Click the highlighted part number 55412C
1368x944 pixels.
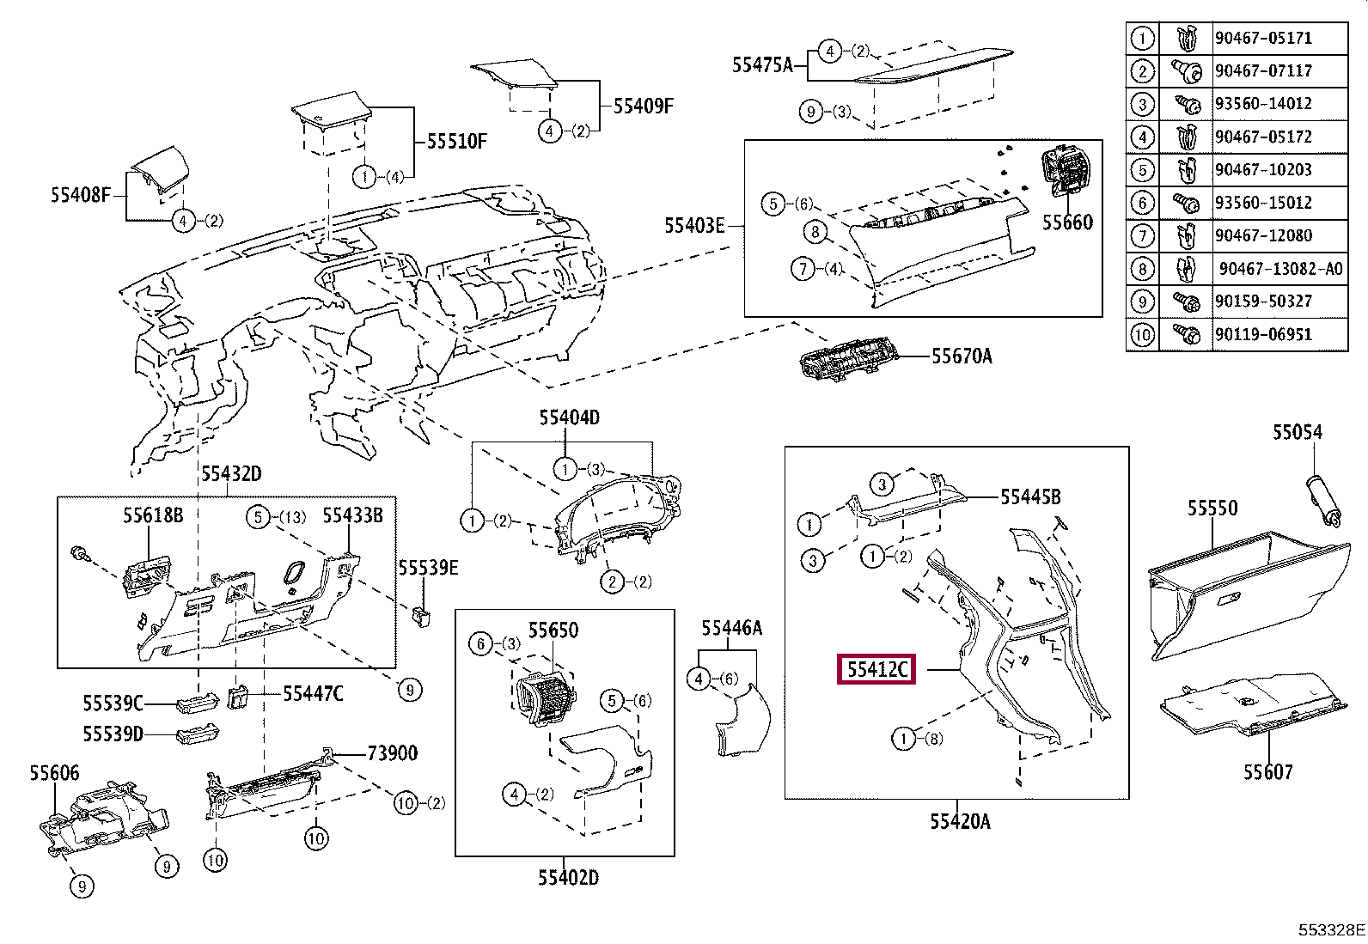876,669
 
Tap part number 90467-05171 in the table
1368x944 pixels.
1262,38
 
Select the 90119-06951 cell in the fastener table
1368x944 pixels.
1262,334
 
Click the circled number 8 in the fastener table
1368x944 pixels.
1141,269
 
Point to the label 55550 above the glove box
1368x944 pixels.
1212,508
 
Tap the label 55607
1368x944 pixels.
1267,772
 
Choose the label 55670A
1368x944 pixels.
962,356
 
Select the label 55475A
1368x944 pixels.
762,64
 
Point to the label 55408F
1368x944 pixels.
81,196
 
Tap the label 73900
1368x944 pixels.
392,753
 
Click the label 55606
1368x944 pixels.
54,773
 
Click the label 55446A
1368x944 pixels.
732,628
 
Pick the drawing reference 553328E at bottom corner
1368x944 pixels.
1331,930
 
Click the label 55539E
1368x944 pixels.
428,568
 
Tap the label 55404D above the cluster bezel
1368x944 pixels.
569,417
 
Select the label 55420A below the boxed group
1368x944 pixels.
959,822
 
